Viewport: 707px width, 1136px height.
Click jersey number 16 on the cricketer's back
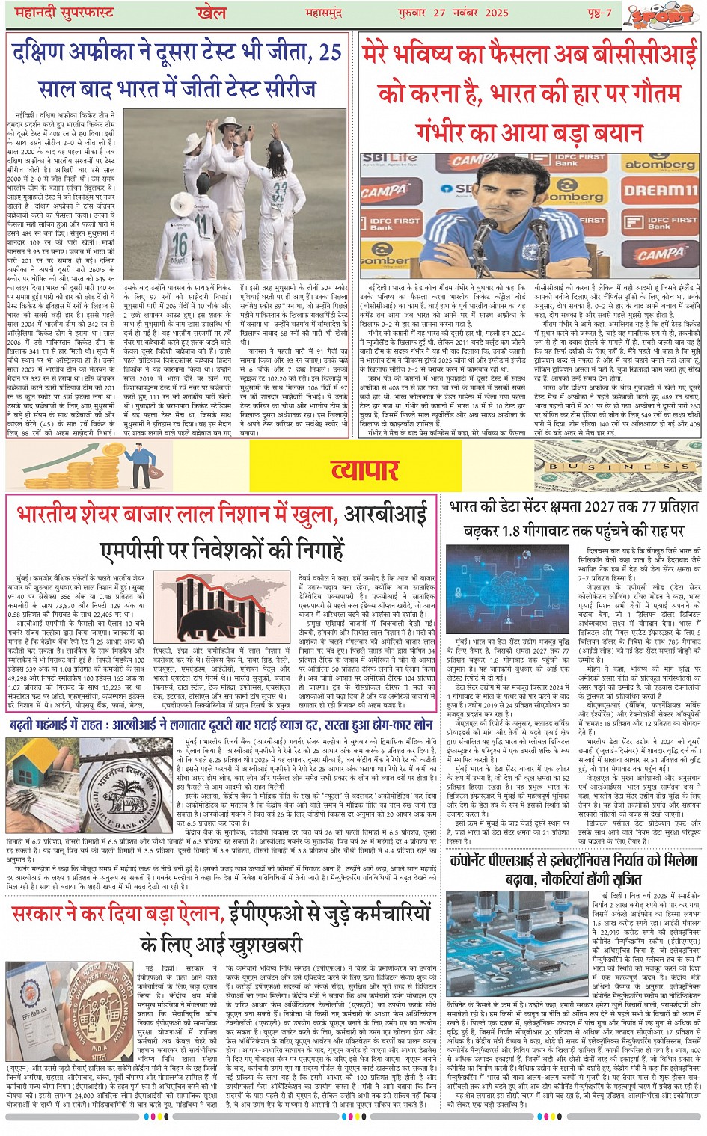click(x=180, y=244)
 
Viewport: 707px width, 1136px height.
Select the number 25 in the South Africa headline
click(x=330, y=54)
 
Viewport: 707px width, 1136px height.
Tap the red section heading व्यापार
click(x=364, y=470)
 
